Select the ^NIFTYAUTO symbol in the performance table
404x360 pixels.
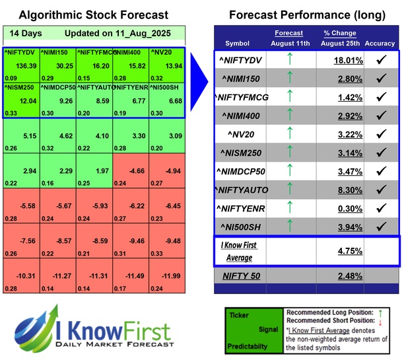[x=242, y=190]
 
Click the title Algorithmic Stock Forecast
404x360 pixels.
[x=93, y=15]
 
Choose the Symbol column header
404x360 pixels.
[x=238, y=44]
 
